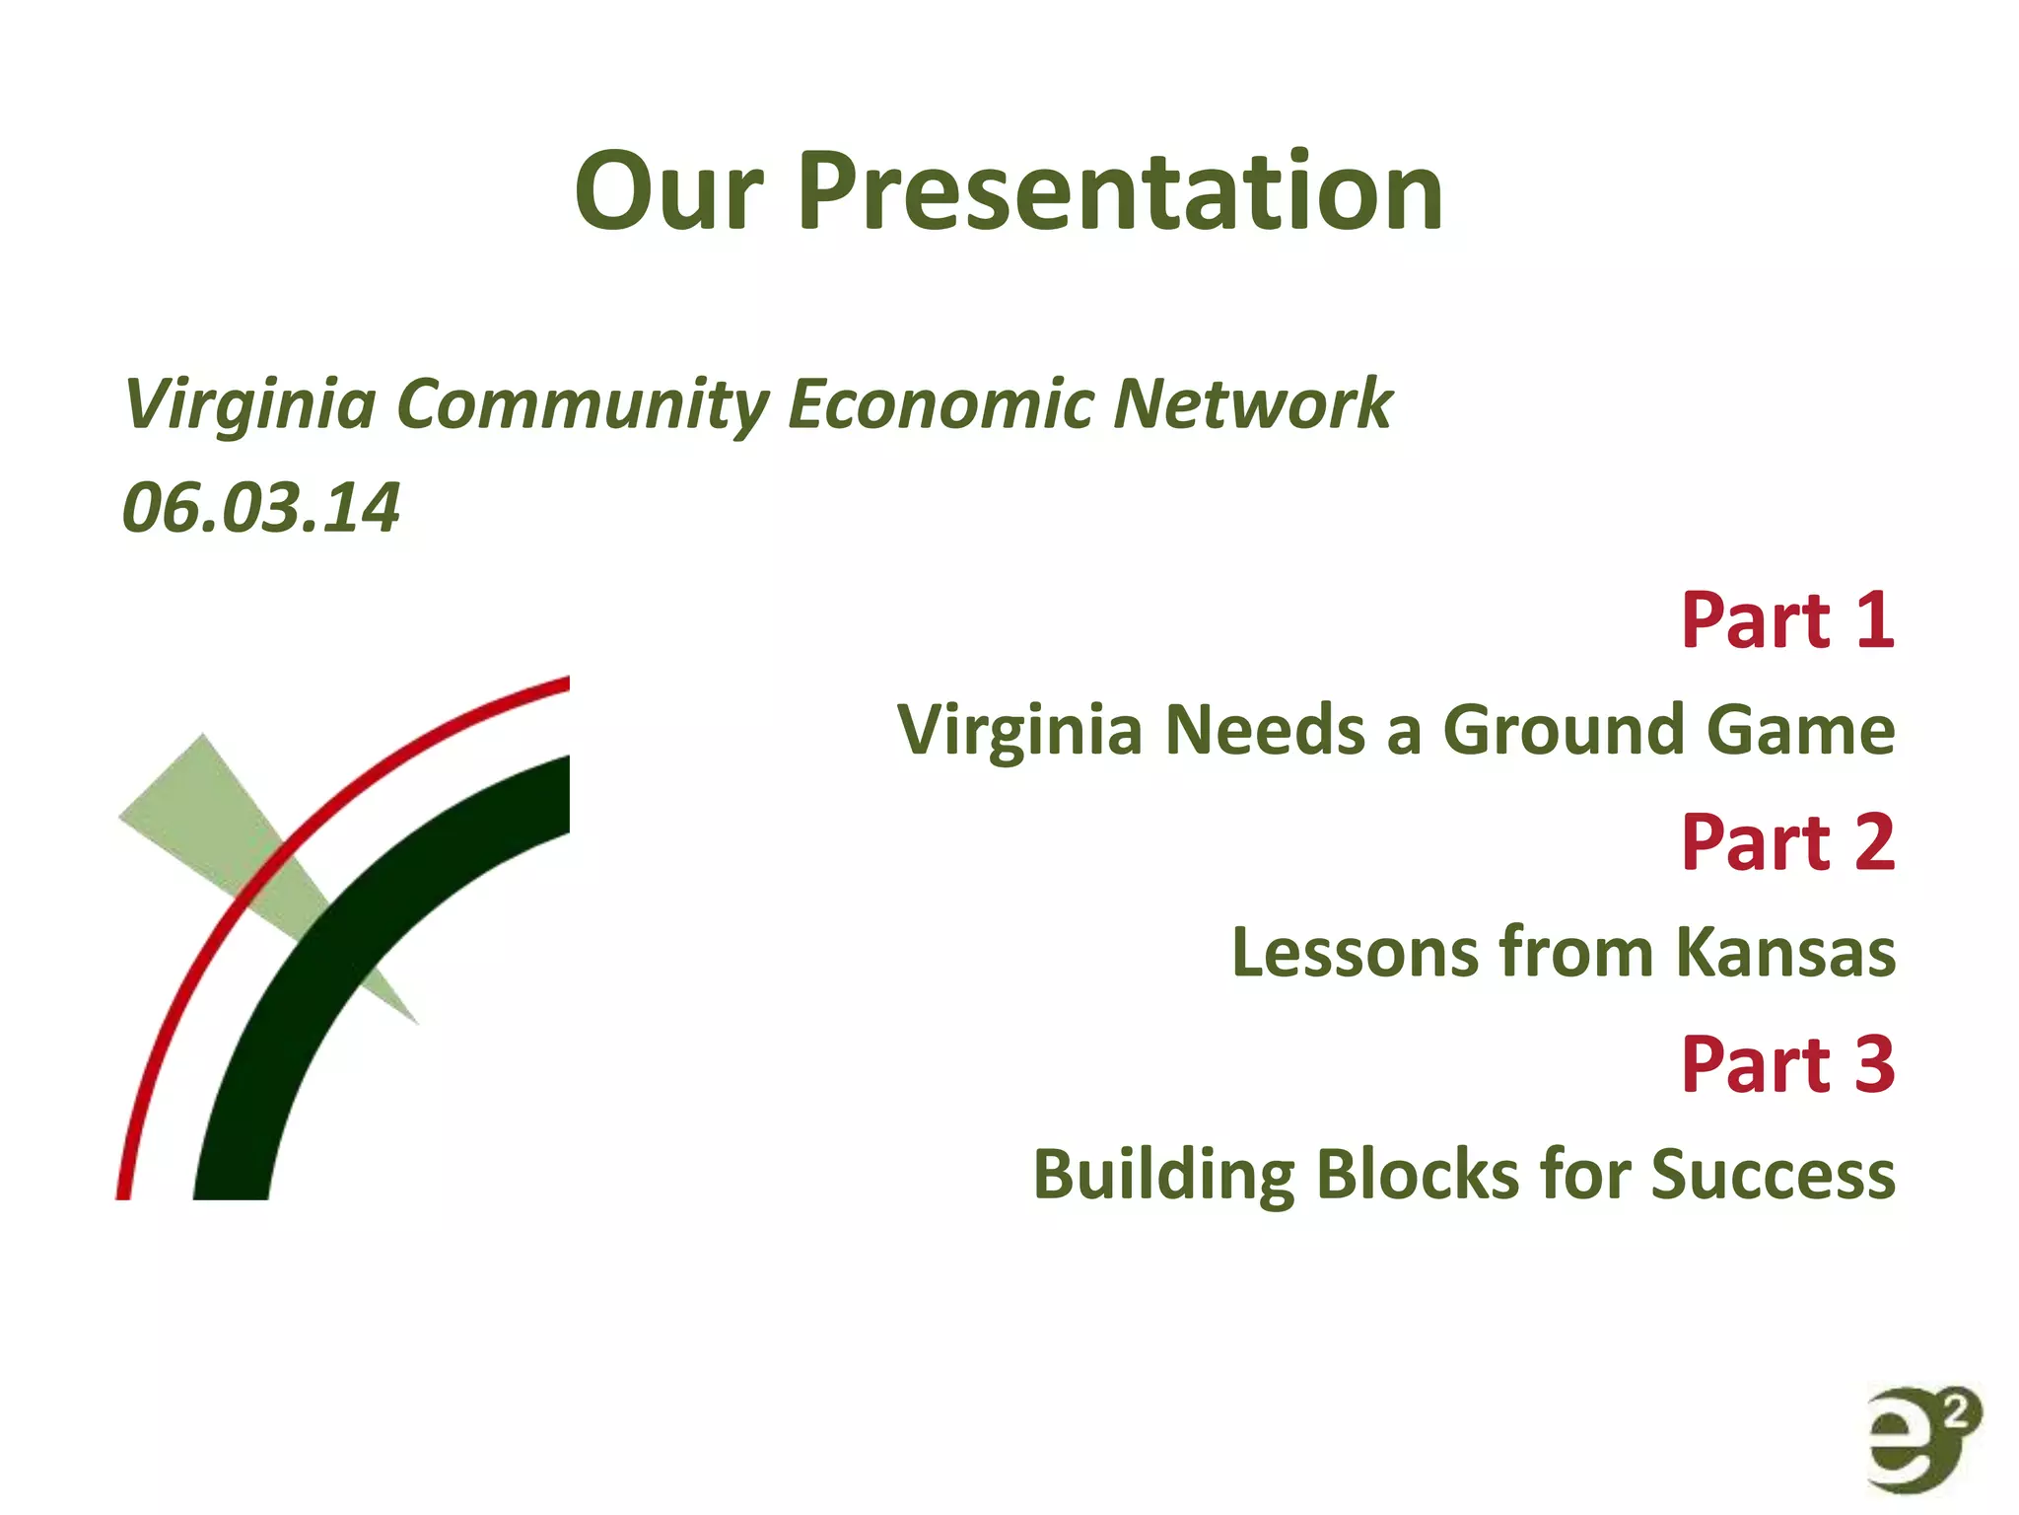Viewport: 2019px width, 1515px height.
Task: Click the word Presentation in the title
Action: click(1120, 192)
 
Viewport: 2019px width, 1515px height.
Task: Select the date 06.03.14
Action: click(261, 509)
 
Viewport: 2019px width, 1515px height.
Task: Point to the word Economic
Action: click(940, 404)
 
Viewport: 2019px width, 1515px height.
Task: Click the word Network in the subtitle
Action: click(1252, 404)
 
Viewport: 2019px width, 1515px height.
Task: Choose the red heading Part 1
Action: click(1787, 620)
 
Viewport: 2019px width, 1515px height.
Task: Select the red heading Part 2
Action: click(1787, 842)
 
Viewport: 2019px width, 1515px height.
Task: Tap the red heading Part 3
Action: click(1787, 1064)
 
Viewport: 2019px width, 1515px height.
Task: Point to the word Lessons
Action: click(1356, 953)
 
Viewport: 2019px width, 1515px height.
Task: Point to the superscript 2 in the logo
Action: click(1960, 1412)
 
